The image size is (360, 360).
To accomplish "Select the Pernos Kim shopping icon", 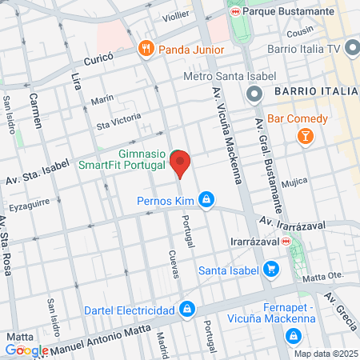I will pyautogui.click(x=206, y=198).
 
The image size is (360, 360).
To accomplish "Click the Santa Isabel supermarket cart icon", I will pyautogui.click(x=271, y=270).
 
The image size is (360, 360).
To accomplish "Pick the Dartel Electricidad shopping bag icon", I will pyautogui.click(x=186, y=309).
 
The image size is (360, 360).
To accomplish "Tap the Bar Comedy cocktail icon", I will pyautogui.click(x=305, y=138).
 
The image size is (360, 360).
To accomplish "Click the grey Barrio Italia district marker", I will pyautogui.click(x=255, y=95).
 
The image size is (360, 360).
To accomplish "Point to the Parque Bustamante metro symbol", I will pyautogui.click(x=234, y=13).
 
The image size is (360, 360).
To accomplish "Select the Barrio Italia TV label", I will pyautogui.click(x=305, y=49).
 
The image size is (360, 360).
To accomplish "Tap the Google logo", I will pyautogui.click(x=26, y=350).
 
